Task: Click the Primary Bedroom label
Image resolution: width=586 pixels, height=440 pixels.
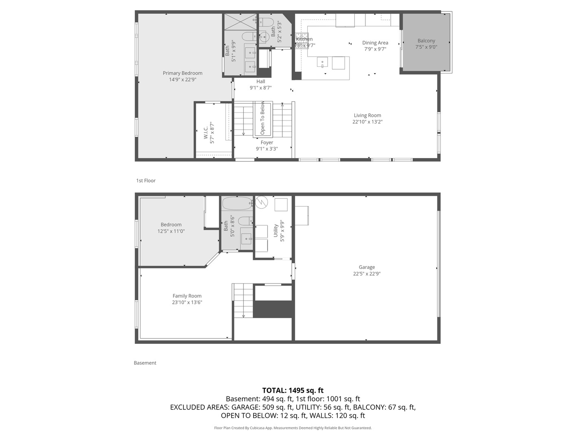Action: [x=182, y=73]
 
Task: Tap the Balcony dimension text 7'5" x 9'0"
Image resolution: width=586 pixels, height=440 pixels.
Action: [x=426, y=47]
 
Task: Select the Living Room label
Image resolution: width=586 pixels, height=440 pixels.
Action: [x=367, y=115]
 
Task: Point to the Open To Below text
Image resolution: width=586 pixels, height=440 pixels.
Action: [x=262, y=118]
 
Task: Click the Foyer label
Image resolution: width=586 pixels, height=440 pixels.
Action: [x=267, y=143]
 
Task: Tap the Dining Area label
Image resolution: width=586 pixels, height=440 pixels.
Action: [x=375, y=43]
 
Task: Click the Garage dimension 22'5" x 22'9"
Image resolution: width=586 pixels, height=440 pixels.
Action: [x=367, y=274]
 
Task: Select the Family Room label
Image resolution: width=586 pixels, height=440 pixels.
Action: [x=187, y=296]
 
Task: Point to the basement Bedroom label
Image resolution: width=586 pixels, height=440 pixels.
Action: [x=171, y=224]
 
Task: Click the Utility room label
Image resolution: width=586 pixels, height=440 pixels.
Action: [x=276, y=231]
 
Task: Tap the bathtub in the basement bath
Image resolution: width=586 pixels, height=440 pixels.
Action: [x=238, y=203]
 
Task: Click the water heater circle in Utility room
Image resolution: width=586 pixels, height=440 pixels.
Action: [x=260, y=202]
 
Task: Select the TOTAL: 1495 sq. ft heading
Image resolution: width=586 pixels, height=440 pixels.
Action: [x=293, y=391]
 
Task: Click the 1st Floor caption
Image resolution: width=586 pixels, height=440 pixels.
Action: [x=146, y=180]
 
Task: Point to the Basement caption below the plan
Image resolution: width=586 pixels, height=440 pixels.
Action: [x=145, y=363]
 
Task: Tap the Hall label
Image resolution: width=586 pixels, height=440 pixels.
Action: [x=260, y=81]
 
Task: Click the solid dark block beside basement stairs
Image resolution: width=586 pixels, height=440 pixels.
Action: [x=273, y=309]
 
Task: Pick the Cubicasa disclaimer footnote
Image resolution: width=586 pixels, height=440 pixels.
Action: [x=293, y=428]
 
